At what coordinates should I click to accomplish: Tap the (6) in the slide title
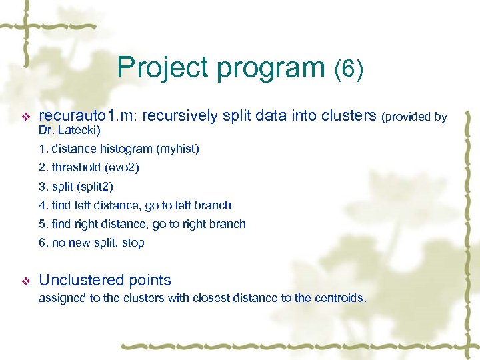349,69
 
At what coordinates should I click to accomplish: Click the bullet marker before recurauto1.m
26,117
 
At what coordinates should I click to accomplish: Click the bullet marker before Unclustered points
26,281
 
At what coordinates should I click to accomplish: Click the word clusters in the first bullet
349,117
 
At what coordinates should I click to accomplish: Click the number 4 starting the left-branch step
41,205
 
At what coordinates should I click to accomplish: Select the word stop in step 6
133,243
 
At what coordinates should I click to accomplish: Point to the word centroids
337,298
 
